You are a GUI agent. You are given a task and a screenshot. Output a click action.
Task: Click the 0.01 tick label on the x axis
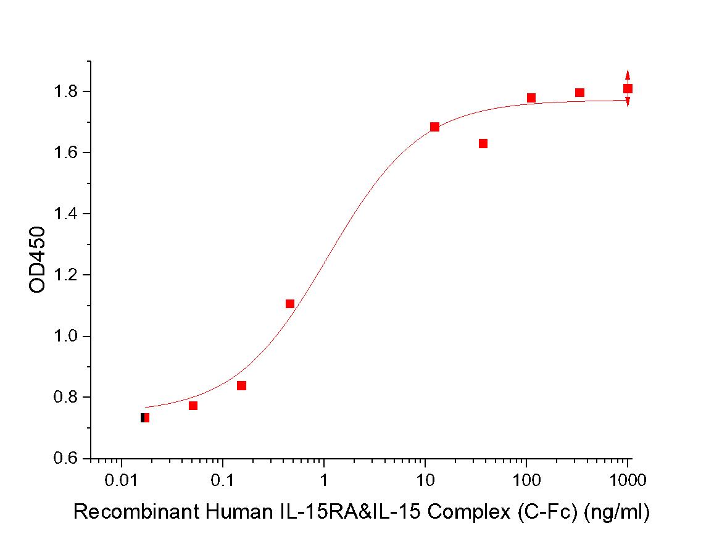click(x=122, y=479)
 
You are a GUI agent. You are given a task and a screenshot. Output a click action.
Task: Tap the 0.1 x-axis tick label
click(x=223, y=479)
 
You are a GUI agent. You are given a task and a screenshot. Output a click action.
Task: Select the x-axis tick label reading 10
click(x=425, y=479)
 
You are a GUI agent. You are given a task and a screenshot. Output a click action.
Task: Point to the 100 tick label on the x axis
click(x=526, y=479)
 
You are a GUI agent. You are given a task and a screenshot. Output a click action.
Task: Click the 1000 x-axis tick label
click(x=627, y=479)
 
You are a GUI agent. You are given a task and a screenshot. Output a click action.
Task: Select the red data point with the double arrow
click(x=628, y=88)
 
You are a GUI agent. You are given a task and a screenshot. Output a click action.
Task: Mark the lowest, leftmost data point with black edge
click(x=144, y=418)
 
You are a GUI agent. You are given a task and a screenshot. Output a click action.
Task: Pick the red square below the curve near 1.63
click(x=483, y=144)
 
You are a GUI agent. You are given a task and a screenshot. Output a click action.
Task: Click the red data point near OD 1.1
click(x=290, y=304)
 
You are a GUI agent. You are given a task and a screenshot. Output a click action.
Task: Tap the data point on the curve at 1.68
click(x=434, y=127)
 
